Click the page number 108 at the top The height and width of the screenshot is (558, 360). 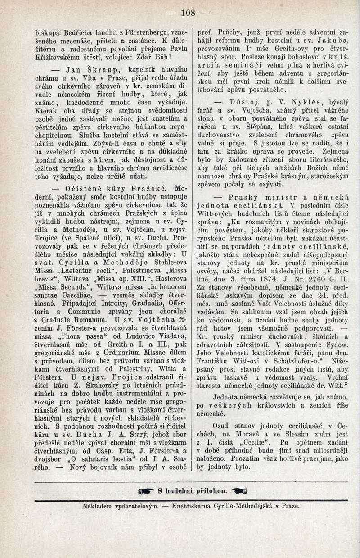[x=188, y=13]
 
